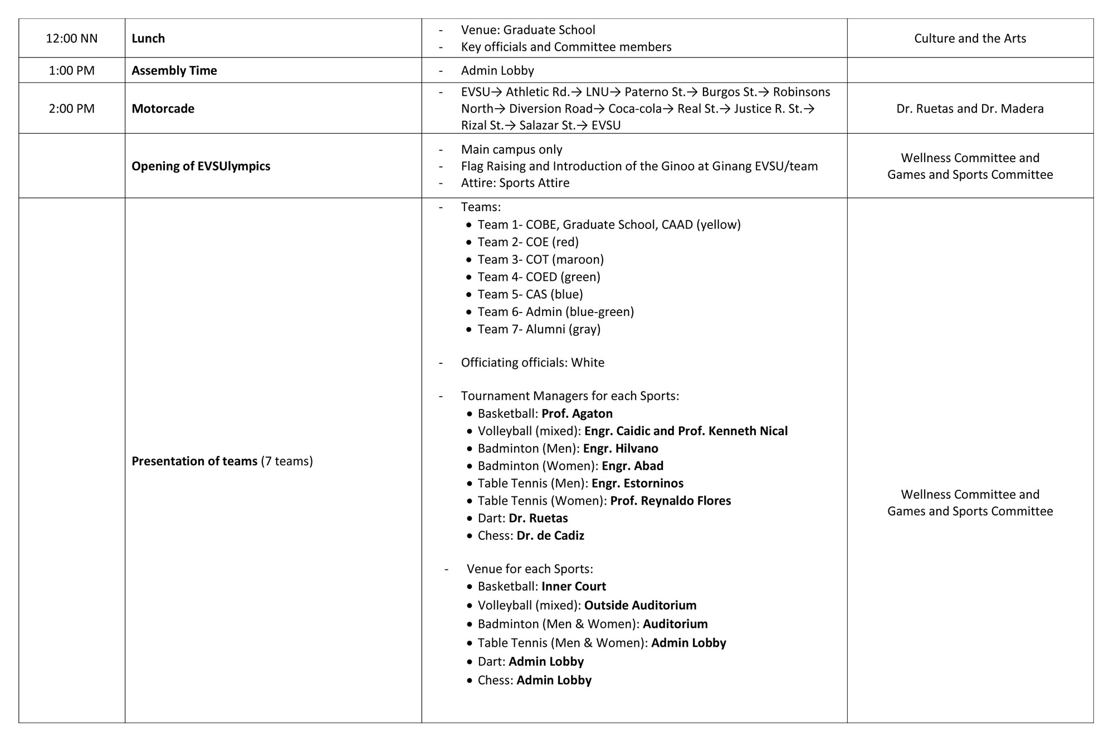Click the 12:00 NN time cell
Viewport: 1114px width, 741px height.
(71, 38)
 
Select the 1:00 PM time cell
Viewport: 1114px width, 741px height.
(71, 71)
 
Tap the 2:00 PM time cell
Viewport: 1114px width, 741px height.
(71, 109)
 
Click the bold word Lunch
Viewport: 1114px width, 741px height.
(148, 38)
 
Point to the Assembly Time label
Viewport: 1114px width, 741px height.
(174, 71)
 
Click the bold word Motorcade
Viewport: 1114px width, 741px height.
(163, 109)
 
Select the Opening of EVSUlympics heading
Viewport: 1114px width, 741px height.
(201, 166)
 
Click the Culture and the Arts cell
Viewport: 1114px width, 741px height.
(970, 38)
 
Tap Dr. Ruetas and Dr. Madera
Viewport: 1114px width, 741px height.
(970, 109)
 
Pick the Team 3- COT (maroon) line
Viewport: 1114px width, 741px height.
(540, 260)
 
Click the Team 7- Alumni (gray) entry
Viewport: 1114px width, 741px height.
(539, 329)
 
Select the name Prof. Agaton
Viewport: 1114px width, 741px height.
(577, 413)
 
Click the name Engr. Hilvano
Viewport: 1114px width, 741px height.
(620, 448)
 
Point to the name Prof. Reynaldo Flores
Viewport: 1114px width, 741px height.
(671, 501)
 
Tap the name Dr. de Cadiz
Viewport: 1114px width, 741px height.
(550, 535)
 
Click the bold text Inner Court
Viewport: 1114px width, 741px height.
(574, 586)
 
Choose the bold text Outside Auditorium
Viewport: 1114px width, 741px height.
(640, 605)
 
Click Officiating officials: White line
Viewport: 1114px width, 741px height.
(532, 363)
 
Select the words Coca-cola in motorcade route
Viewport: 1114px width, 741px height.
(634, 109)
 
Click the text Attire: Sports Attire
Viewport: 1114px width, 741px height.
(515, 183)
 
